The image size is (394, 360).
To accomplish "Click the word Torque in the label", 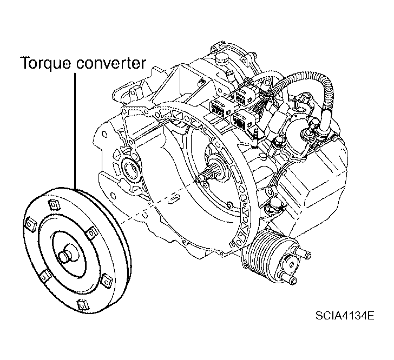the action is click(x=46, y=63).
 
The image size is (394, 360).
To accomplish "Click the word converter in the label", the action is click(x=111, y=63).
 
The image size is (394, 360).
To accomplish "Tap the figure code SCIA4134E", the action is click(x=345, y=316).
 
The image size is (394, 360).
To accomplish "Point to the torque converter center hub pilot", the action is click(x=66, y=254).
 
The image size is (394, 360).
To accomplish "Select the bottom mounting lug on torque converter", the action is click(x=83, y=305).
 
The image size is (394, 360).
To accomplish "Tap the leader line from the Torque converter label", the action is click(x=75, y=131).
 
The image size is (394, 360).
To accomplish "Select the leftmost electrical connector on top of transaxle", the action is click(x=220, y=108).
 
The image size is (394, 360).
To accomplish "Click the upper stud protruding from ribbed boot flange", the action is click(x=302, y=252).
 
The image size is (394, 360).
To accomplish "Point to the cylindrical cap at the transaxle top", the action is click(x=221, y=57).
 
